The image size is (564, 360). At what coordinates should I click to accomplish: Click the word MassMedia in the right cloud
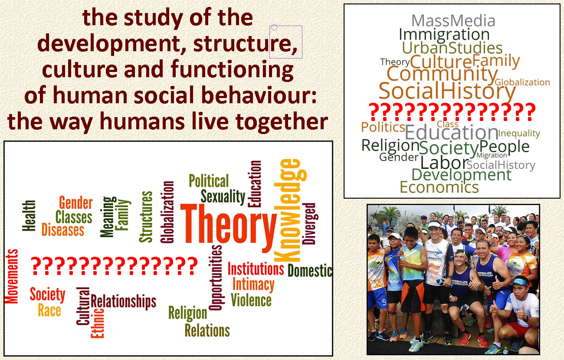(x=453, y=21)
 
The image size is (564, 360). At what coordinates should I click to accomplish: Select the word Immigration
(x=444, y=35)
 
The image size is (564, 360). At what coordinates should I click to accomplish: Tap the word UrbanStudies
(x=452, y=48)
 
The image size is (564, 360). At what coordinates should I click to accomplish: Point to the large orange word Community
(x=442, y=75)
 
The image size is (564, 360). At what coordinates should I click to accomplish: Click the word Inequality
(x=519, y=134)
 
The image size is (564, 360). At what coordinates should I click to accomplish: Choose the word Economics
(x=439, y=187)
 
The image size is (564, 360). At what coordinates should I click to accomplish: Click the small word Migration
(x=492, y=155)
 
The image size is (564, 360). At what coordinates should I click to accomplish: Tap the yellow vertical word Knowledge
(x=290, y=210)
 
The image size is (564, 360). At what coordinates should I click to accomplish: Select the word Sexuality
(x=223, y=197)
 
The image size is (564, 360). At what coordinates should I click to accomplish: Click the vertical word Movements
(x=12, y=276)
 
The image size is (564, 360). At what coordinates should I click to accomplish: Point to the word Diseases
(x=63, y=230)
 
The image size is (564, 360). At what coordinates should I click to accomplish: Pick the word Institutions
(x=256, y=268)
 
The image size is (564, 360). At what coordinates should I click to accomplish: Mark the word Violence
(x=251, y=300)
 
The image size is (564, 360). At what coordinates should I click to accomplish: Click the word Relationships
(x=123, y=301)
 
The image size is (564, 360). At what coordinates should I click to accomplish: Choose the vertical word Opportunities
(x=216, y=278)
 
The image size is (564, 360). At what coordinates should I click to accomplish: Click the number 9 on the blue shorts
(x=384, y=302)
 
